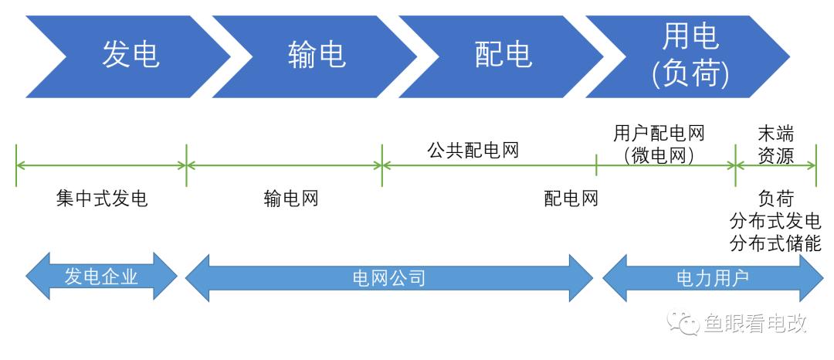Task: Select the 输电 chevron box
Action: (x=317, y=56)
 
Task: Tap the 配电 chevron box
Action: (x=503, y=56)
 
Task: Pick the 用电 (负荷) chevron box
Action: (x=690, y=56)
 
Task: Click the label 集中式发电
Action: (x=101, y=199)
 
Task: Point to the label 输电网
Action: (x=290, y=199)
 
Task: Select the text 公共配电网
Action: (x=473, y=150)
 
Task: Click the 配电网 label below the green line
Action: (x=571, y=199)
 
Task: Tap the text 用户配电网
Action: (x=659, y=134)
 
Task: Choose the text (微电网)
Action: (x=659, y=155)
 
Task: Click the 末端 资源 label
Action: (x=775, y=145)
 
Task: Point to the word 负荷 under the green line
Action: (x=775, y=199)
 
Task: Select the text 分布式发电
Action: (x=775, y=222)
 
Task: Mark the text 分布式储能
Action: (x=775, y=244)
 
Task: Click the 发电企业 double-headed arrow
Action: (x=101, y=277)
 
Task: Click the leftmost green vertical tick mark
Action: (x=16, y=164)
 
